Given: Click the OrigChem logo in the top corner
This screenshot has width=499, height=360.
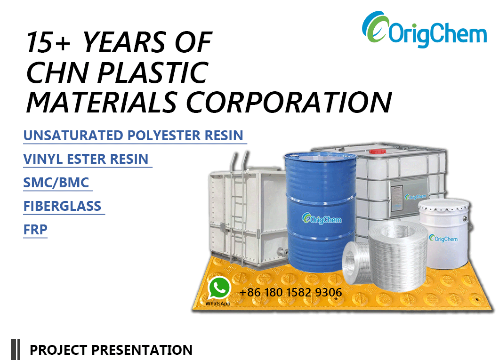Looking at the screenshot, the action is pos(424,30).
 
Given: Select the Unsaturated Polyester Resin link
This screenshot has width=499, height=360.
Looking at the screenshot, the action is pos(133,136).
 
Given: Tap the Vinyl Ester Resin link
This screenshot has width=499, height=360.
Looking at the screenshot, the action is pos(86,159).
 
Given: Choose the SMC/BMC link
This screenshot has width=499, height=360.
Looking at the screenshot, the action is pos(56,183).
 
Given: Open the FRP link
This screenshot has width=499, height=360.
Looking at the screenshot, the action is pos(35,229).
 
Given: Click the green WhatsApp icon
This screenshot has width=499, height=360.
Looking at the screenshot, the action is pos(219,288).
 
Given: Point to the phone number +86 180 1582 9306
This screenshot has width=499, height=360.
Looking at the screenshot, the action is pos(290,292).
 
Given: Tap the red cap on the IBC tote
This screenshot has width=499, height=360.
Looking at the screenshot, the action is pos(378,151).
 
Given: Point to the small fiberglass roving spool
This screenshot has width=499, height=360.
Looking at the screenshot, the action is pos(356,263).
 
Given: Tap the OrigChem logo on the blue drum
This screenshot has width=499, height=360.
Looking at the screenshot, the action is pos(322,219).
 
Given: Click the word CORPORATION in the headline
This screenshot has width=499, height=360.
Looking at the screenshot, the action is pos(289,103).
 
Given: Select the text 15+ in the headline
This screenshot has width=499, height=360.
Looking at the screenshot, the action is pos(48,42).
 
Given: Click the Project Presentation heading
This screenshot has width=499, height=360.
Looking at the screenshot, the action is pos(111,350).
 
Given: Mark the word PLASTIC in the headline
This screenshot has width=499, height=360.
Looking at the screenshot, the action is pos(153,72).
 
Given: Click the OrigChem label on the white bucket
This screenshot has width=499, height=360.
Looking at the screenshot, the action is pos(443,239).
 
